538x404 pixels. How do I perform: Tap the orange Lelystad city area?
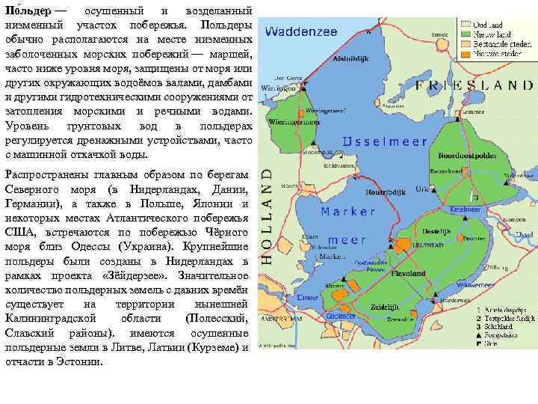point(404,244)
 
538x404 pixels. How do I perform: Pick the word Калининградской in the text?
point(51,318)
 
